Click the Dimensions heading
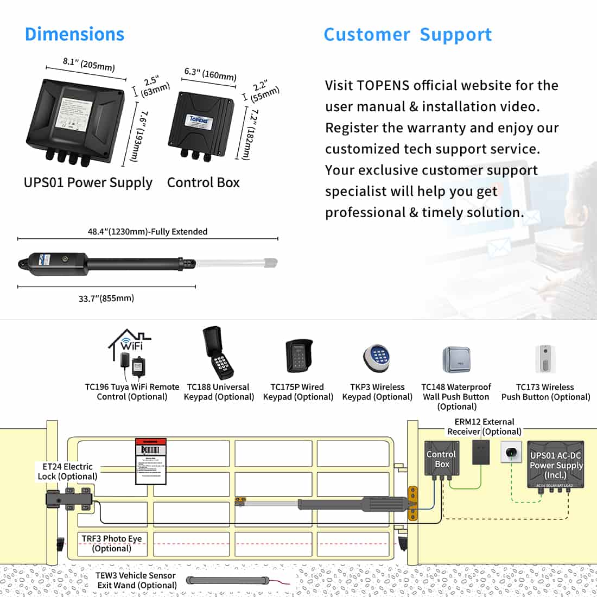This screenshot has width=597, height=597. (74, 34)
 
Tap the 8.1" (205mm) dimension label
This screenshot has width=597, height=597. (88, 64)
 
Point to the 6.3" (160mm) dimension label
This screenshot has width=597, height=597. (210, 74)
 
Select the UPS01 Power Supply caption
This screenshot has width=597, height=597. (88, 182)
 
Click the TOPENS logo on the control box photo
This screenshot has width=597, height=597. (199, 120)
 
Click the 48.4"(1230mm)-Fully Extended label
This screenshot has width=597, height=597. (148, 232)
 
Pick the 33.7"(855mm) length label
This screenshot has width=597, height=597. (106, 298)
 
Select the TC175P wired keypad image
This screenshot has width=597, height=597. (299, 356)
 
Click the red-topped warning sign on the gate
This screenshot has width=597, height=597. (150, 461)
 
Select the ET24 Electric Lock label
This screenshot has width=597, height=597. (67, 471)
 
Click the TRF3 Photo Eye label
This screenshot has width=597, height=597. (111, 543)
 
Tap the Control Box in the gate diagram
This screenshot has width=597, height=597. (441, 460)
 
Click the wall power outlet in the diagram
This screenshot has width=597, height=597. (511, 452)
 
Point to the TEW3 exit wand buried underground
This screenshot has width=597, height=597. (228, 580)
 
